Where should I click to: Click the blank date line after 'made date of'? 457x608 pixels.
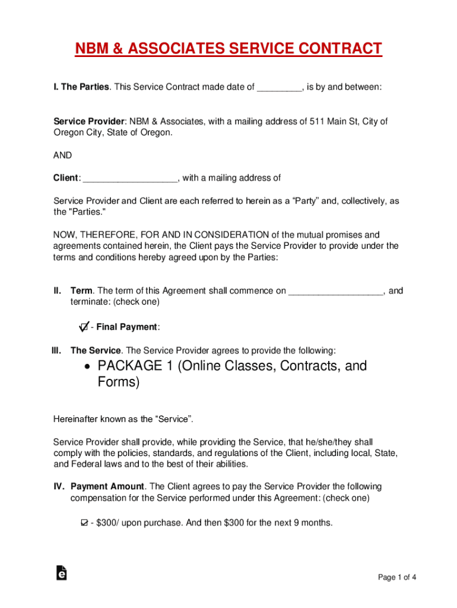pyautogui.click(x=279, y=87)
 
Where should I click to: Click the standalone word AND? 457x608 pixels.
pyautogui.click(x=62, y=155)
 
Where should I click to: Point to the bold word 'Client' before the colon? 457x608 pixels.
pyautogui.click(x=65, y=178)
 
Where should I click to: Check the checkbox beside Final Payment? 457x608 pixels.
pyautogui.click(x=84, y=327)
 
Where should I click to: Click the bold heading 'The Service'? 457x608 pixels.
pyautogui.click(x=96, y=350)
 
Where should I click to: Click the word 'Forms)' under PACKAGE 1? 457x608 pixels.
pyautogui.click(x=119, y=382)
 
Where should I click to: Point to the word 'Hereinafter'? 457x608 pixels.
pyautogui.click(x=77, y=419)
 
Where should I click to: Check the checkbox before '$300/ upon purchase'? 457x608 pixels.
pyautogui.click(x=84, y=523)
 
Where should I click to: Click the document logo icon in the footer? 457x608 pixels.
pyautogui.click(x=61, y=572)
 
